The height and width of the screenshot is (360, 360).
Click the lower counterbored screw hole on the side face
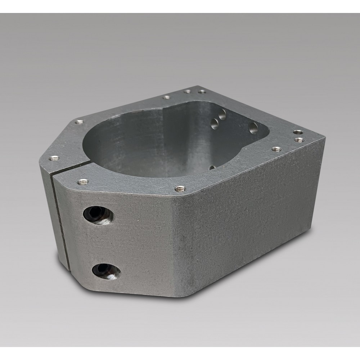105,270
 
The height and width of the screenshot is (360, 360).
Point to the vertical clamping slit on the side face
60,216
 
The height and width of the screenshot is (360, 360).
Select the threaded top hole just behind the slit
54,158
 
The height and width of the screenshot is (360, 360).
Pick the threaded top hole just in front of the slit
83,181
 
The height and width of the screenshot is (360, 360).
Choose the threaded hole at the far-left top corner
80,122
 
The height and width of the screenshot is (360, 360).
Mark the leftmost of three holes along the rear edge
166,97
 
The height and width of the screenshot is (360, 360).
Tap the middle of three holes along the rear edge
187,91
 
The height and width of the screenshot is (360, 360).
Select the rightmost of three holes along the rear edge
202,91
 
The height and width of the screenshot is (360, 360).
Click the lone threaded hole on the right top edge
276,149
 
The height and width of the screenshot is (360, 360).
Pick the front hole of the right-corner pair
298,139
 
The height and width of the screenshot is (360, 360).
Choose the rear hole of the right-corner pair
297,132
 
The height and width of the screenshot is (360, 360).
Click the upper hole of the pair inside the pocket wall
222,114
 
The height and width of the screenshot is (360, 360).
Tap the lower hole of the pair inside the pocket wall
215,124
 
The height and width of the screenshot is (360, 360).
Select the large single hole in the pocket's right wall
253,127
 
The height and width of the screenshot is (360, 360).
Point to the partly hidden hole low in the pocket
212,167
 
